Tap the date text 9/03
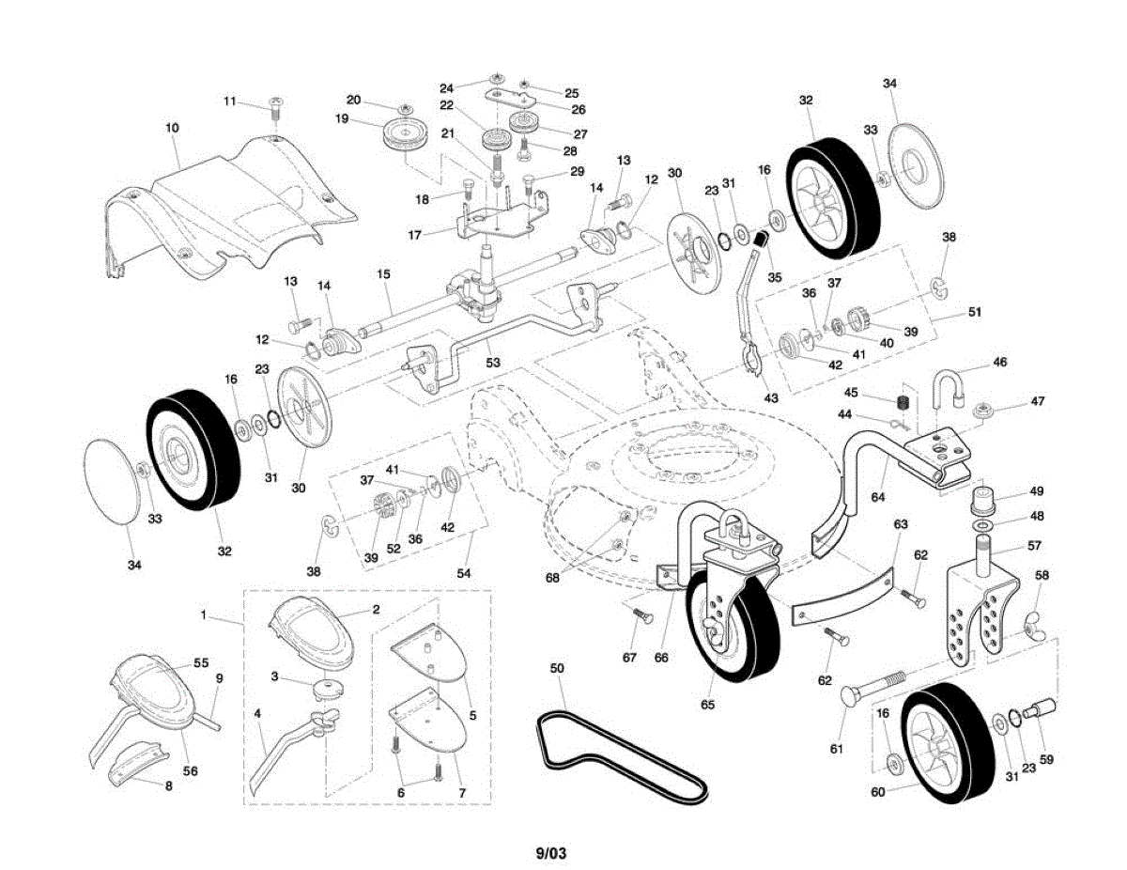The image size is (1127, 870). click(x=551, y=853)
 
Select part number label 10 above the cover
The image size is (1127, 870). click(x=172, y=128)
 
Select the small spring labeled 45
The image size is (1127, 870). click(x=903, y=402)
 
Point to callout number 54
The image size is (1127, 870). click(x=463, y=572)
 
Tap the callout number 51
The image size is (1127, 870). click(x=974, y=312)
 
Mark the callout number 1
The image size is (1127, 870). click(x=203, y=614)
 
